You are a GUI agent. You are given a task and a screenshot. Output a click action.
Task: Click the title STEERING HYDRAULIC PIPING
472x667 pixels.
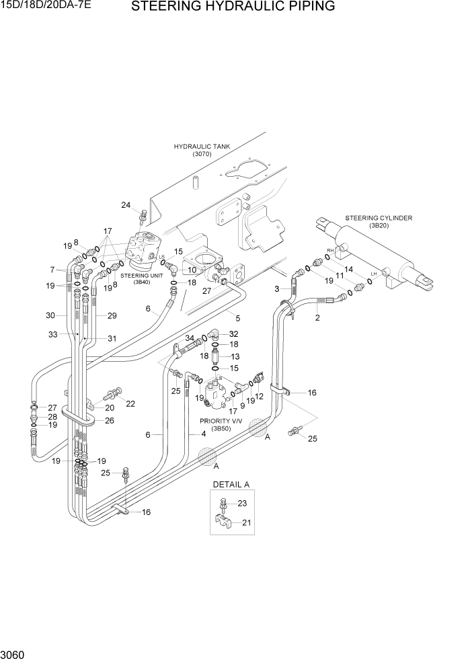233,7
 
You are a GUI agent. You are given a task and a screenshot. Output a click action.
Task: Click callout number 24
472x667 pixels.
126,205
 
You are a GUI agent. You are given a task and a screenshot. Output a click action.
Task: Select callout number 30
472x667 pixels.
50,315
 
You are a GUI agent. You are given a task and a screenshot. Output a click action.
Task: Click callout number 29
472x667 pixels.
112,315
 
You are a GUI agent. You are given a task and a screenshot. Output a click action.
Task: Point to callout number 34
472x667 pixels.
190,338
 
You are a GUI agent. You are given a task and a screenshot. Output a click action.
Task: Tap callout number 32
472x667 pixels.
233,333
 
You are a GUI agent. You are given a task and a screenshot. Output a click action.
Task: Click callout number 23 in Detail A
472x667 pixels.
243,503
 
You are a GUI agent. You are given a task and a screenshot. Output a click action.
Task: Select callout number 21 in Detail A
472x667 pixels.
246,522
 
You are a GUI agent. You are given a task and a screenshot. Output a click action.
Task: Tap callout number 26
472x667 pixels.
109,421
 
